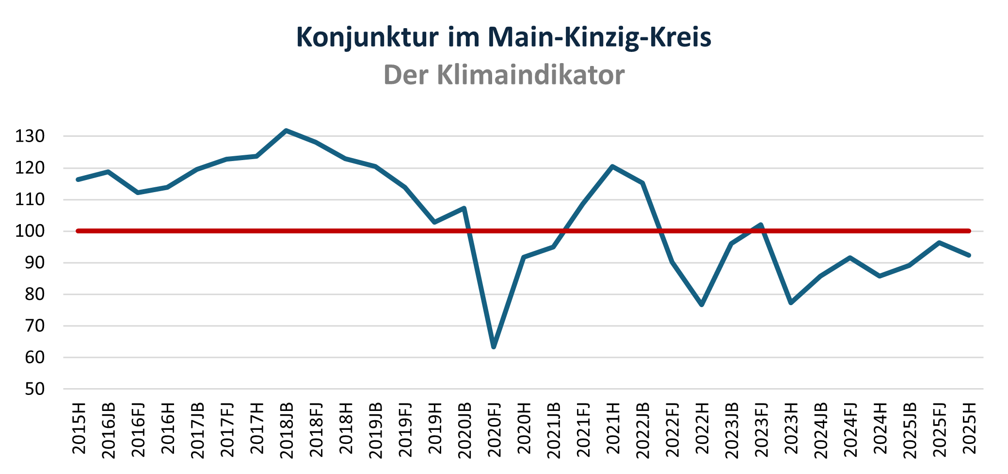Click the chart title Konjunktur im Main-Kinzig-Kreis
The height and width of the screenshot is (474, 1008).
tap(504, 37)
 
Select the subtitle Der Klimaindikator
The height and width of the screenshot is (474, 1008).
tap(504, 75)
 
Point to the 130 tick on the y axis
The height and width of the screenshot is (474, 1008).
tap(30, 136)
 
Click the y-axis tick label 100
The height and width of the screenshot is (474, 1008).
tap(30, 231)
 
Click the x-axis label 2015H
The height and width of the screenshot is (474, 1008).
tap(79, 428)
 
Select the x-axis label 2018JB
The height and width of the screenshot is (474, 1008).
tap(287, 430)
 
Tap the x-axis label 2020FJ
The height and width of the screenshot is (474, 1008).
tap(494, 430)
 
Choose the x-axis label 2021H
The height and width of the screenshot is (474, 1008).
tap(613, 428)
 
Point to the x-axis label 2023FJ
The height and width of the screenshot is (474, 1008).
tap(761, 430)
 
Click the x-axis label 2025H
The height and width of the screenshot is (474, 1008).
tap(969, 428)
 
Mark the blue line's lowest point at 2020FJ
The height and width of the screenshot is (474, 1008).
tap(494, 347)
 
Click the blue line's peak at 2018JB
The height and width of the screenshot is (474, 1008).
tap(287, 131)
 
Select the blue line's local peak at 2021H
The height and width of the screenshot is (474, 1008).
tap(613, 166)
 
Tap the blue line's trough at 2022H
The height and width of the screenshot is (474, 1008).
tap(702, 305)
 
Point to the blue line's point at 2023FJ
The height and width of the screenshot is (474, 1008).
tap(761, 225)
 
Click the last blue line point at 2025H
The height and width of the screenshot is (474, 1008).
tap(969, 255)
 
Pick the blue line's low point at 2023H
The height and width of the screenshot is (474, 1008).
tap(791, 303)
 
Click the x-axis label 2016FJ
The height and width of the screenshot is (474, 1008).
tap(138, 430)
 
